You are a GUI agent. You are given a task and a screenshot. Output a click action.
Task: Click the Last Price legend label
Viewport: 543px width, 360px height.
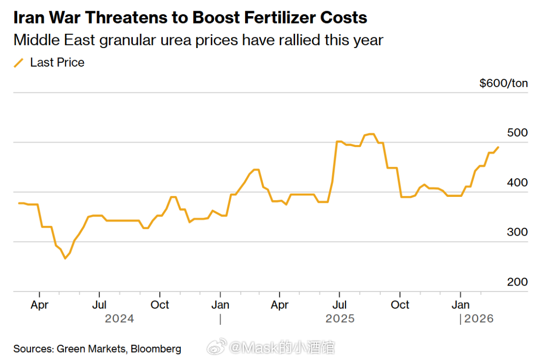57,63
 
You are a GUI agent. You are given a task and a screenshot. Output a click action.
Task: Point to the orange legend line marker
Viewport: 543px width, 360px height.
19,63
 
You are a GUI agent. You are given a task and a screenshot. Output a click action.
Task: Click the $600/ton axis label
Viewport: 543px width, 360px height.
503,83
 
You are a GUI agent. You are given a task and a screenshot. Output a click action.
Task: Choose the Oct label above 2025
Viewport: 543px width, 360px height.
400,305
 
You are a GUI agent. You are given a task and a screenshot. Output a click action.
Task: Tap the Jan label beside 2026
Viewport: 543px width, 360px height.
460,305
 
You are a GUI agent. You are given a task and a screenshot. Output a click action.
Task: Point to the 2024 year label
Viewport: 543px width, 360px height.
119,319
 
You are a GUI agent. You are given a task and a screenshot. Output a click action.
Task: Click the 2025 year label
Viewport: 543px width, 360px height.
340,319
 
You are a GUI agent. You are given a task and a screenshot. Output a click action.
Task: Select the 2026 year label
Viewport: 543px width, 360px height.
479,319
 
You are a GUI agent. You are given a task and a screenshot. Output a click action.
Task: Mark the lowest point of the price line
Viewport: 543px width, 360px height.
65,258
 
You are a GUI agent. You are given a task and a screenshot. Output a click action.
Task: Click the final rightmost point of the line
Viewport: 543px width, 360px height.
498,147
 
